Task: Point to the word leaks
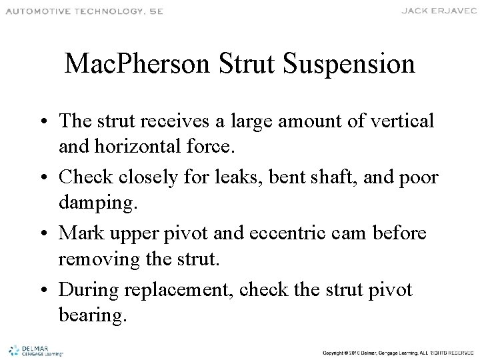pyautogui.click(x=245, y=178)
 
